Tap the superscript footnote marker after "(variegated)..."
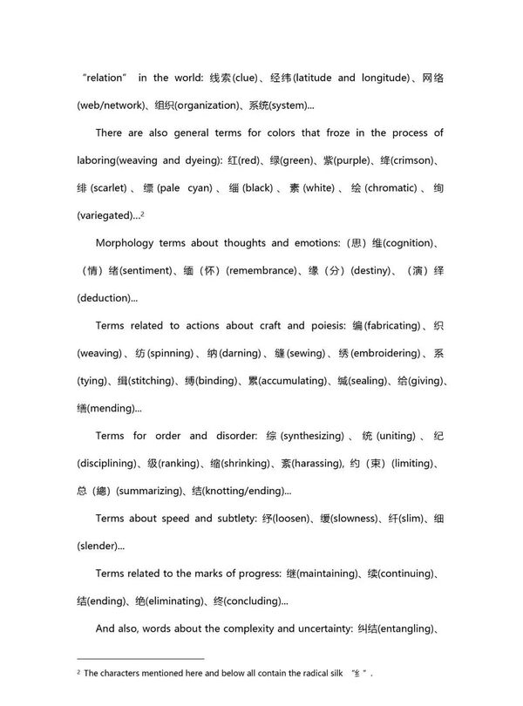tap(142, 213)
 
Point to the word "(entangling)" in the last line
tap(409, 628)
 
